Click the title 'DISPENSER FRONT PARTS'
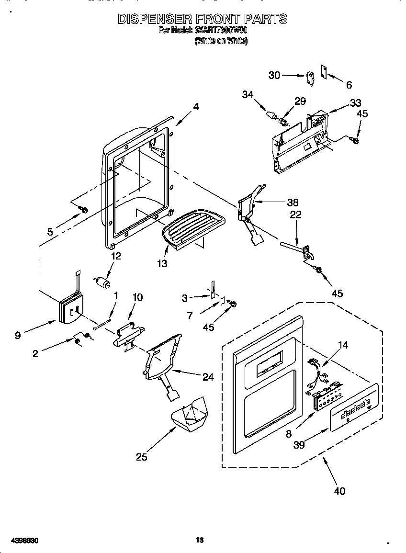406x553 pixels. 203,19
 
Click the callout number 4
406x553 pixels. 196,107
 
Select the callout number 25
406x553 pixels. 141,457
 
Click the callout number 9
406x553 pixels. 18,335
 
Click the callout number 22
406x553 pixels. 296,215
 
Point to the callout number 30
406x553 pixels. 274,75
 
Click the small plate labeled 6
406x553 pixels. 324,71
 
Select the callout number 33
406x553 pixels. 355,102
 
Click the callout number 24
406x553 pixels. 208,377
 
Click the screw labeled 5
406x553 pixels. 84,209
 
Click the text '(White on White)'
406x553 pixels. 221,41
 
